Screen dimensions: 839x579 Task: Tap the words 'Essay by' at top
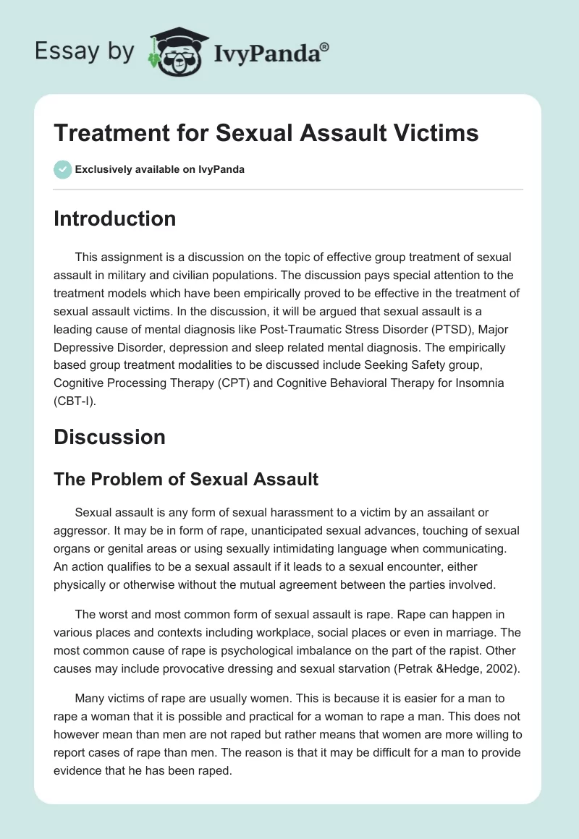tap(85, 51)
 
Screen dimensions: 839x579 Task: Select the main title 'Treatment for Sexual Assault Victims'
tap(266, 135)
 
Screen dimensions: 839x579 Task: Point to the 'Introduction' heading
tap(114, 218)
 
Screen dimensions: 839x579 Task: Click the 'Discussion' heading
tap(109, 437)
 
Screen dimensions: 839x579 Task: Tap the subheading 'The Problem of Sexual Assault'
tap(186, 478)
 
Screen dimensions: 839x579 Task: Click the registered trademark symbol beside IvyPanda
tap(325, 46)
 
